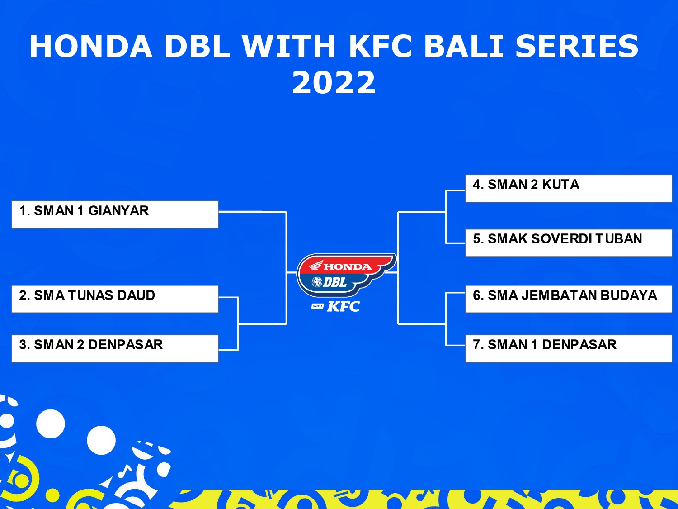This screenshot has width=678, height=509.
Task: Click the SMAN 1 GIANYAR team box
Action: point(115,214)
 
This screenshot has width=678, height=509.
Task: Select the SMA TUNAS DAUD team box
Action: point(115,299)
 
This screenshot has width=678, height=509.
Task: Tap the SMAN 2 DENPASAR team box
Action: point(115,348)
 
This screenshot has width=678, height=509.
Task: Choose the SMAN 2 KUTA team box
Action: point(569,188)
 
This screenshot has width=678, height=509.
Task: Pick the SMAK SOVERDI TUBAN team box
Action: point(569,243)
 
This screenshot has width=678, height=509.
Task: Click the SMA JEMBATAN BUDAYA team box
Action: point(569,299)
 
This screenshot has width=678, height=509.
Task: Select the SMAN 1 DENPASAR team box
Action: point(569,348)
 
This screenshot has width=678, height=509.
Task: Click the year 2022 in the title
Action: point(334,82)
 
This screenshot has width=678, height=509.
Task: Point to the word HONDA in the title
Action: point(90,46)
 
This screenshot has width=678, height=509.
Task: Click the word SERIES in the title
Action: point(577,46)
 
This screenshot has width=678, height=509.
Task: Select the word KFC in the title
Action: point(381,46)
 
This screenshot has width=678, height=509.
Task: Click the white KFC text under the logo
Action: point(343,306)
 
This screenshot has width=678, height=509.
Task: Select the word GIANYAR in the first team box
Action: point(118,211)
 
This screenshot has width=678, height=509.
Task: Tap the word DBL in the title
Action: point(197,46)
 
